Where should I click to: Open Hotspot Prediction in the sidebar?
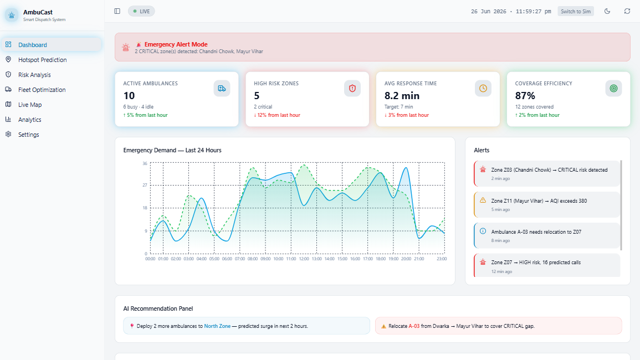[x=43, y=60]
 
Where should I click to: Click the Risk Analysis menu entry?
[x=34, y=75]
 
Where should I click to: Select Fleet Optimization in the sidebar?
[x=42, y=90]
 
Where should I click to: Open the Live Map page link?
[x=30, y=105]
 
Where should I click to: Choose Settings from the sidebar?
[x=29, y=135]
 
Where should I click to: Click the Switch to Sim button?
[x=576, y=12]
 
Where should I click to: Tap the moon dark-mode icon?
[x=607, y=12]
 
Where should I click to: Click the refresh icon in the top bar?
[x=627, y=12]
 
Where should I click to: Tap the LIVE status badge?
[x=141, y=12]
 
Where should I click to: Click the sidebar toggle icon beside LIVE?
[x=117, y=12]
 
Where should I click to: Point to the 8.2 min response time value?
[x=402, y=95]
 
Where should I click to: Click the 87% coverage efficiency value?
[x=525, y=95]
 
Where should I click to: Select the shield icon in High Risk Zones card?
[x=352, y=88]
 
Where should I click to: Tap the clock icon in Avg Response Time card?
[x=483, y=88]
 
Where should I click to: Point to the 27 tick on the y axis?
[x=145, y=186]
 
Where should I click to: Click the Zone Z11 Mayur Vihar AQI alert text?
[x=539, y=201]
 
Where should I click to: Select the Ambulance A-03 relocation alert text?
[x=536, y=232]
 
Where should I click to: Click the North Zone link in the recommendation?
[x=217, y=326]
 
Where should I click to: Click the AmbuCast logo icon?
[x=12, y=15]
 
